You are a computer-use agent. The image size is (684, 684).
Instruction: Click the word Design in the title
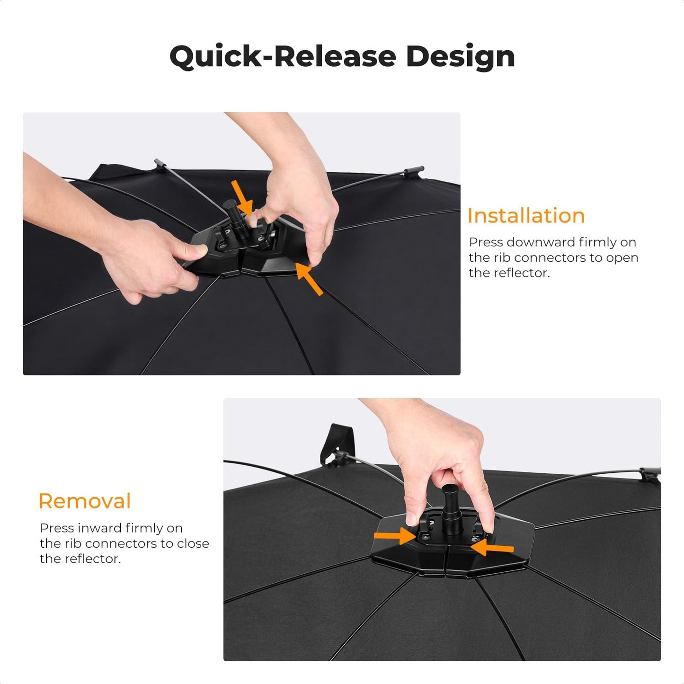coord(461,57)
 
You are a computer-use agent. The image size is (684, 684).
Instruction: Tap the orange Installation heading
coord(526,215)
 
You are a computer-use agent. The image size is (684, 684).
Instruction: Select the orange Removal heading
coord(85,501)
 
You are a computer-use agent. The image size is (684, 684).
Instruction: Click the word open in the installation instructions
coord(622,258)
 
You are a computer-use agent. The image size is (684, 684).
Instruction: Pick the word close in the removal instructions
coord(193,543)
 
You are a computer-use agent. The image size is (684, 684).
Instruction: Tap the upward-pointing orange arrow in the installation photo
coord(309,278)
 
